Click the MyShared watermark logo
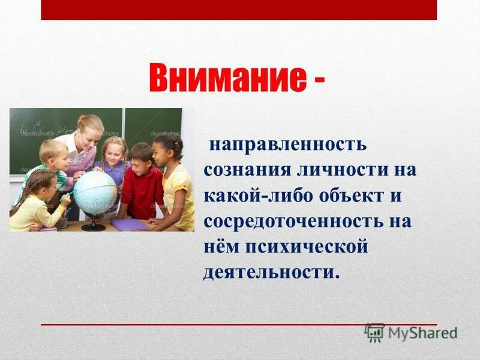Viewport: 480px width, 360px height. point(410,332)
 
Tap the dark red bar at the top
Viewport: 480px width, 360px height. point(239,10)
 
